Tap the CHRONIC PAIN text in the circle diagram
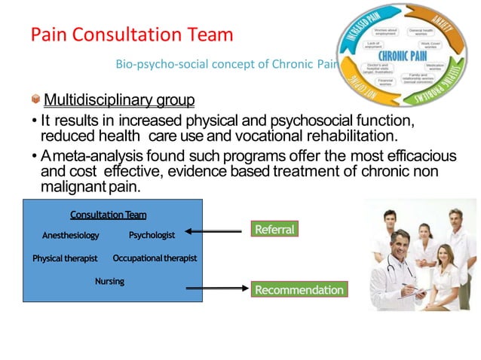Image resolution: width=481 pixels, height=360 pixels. point(404,55)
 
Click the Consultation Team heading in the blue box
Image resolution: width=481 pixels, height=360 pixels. point(108,215)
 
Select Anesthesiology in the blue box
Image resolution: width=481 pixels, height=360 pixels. point(70,236)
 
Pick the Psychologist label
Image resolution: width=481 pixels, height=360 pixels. point(152,235)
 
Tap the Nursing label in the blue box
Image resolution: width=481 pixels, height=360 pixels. point(109,281)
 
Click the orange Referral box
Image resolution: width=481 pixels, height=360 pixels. point(274,228)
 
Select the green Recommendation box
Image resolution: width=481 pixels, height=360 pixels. point(299,289)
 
